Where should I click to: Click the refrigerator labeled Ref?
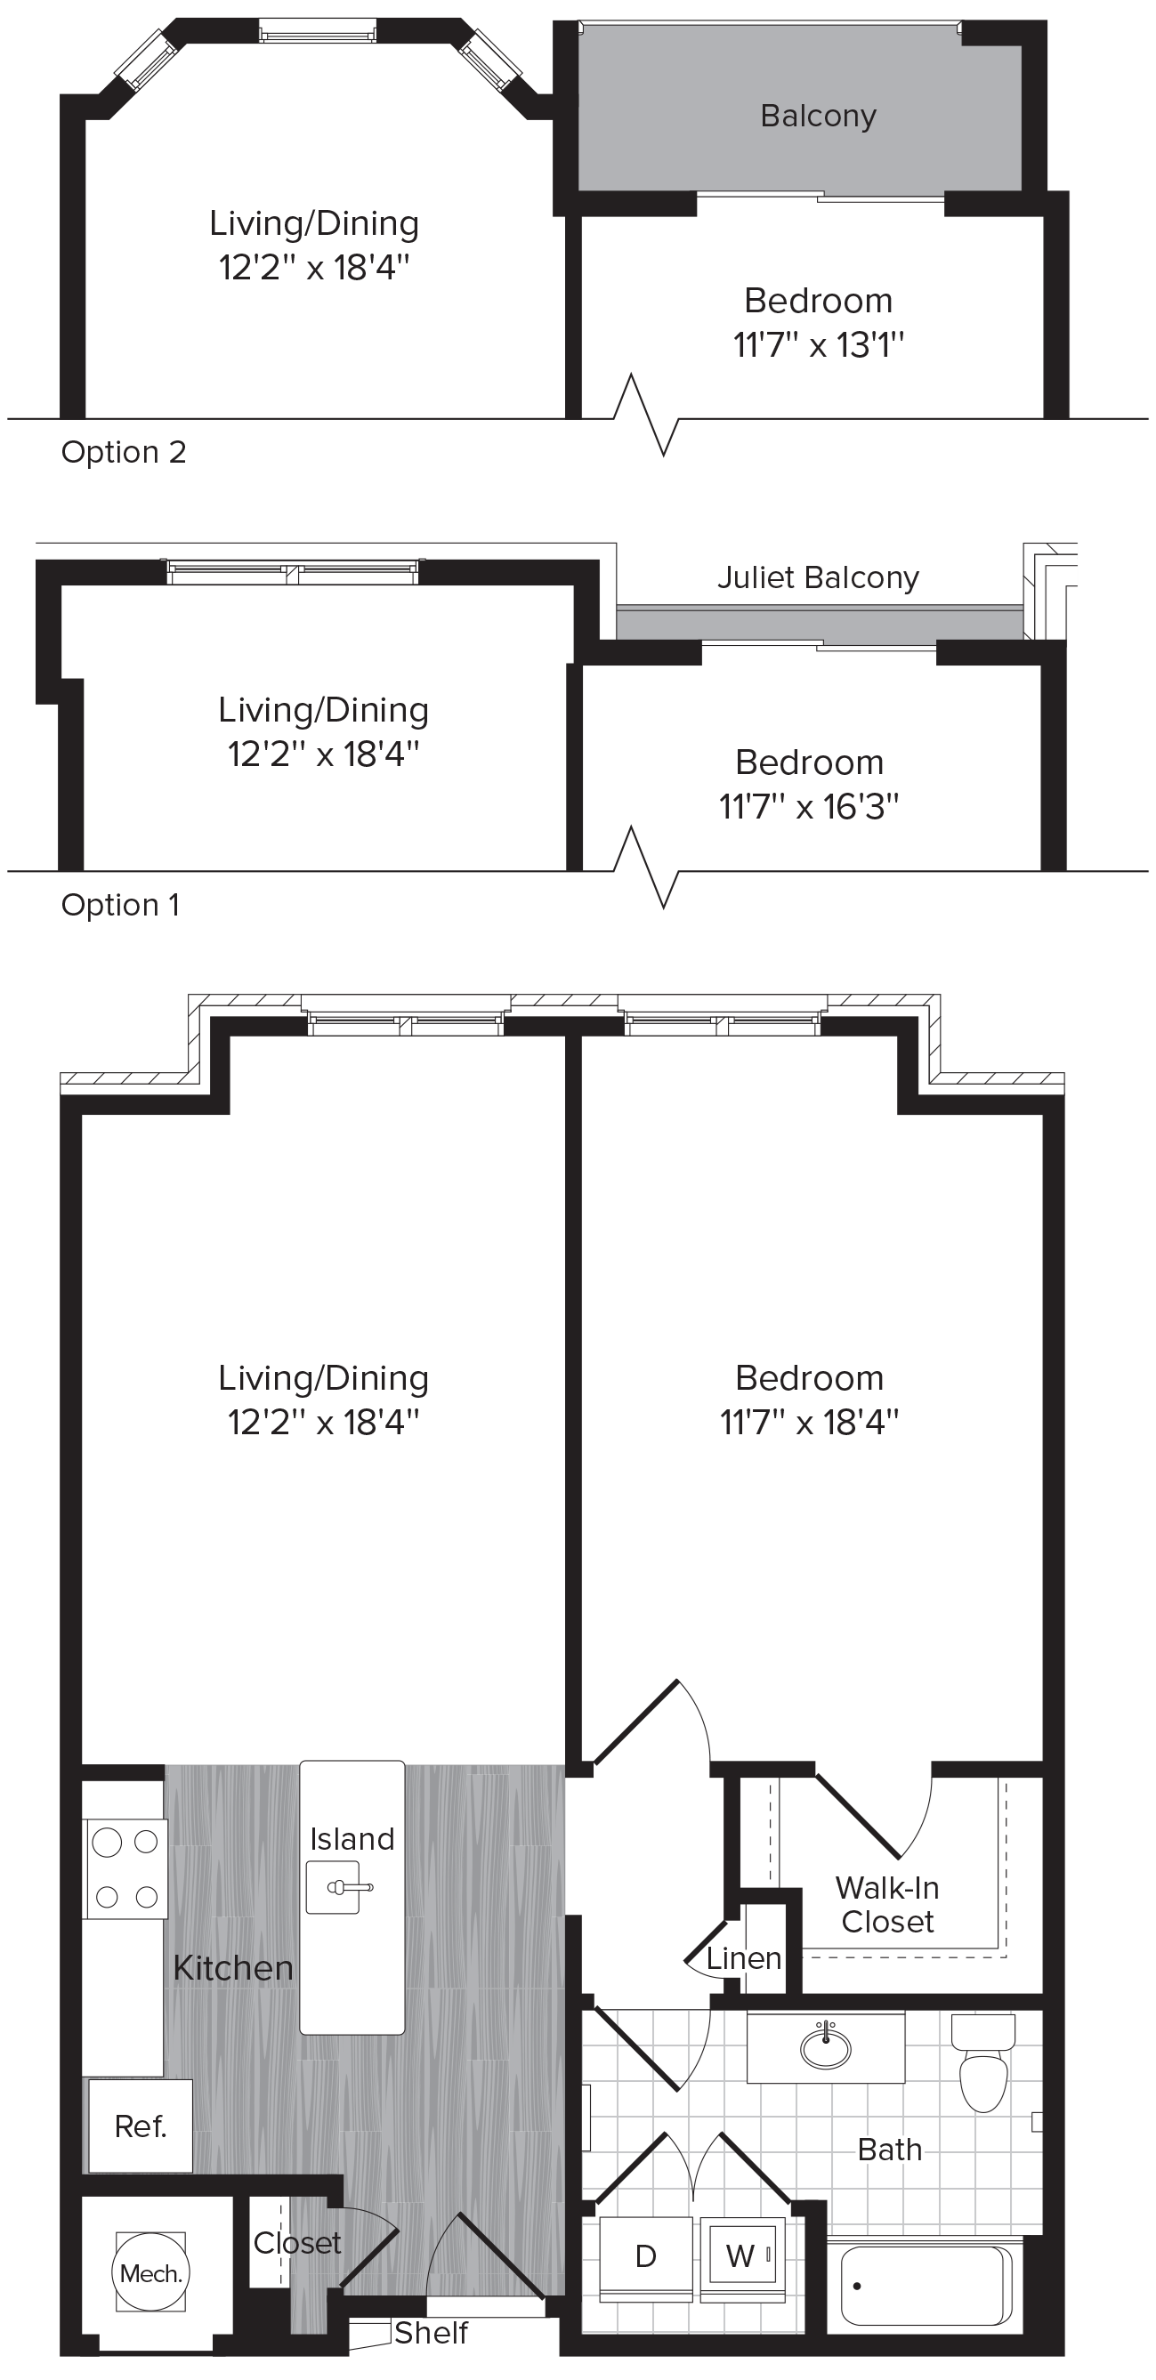tap(141, 2126)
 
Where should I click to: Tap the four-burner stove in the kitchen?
tap(126, 1868)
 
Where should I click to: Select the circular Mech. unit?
tap(150, 2273)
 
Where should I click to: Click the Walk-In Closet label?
tap(887, 1905)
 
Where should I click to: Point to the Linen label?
tap(744, 1957)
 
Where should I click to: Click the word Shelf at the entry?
tap(431, 2333)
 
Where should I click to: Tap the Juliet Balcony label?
tap(818, 577)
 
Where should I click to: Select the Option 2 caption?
tap(124, 452)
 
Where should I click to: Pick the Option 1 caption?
tap(120, 905)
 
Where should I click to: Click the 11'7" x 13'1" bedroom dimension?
tap(818, 344)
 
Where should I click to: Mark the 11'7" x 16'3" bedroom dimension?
tap(810, 807)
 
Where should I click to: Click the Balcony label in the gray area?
tap(818, 117)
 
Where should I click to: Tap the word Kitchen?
tap(233, 1968)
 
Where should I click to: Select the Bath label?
tap(889, 2150)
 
